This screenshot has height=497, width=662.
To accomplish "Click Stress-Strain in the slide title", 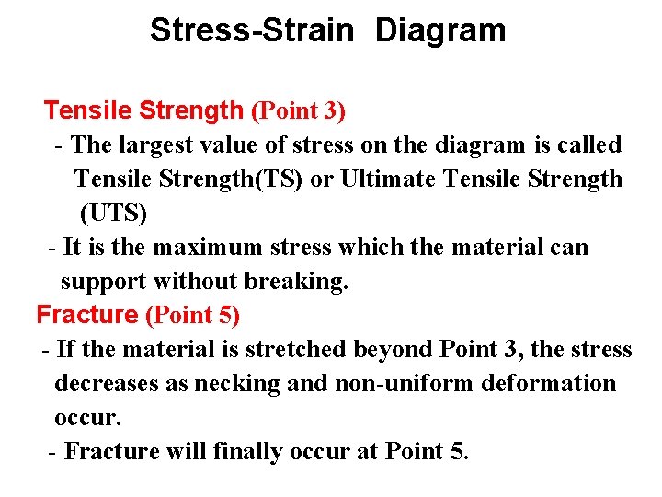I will coord(251,30).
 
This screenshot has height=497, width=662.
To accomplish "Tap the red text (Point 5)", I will coord(192,316).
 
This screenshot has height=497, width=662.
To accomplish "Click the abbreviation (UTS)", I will coord(113,214).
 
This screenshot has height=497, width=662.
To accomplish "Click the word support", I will coord(103,282).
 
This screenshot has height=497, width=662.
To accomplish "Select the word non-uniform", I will coord(391,384).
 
